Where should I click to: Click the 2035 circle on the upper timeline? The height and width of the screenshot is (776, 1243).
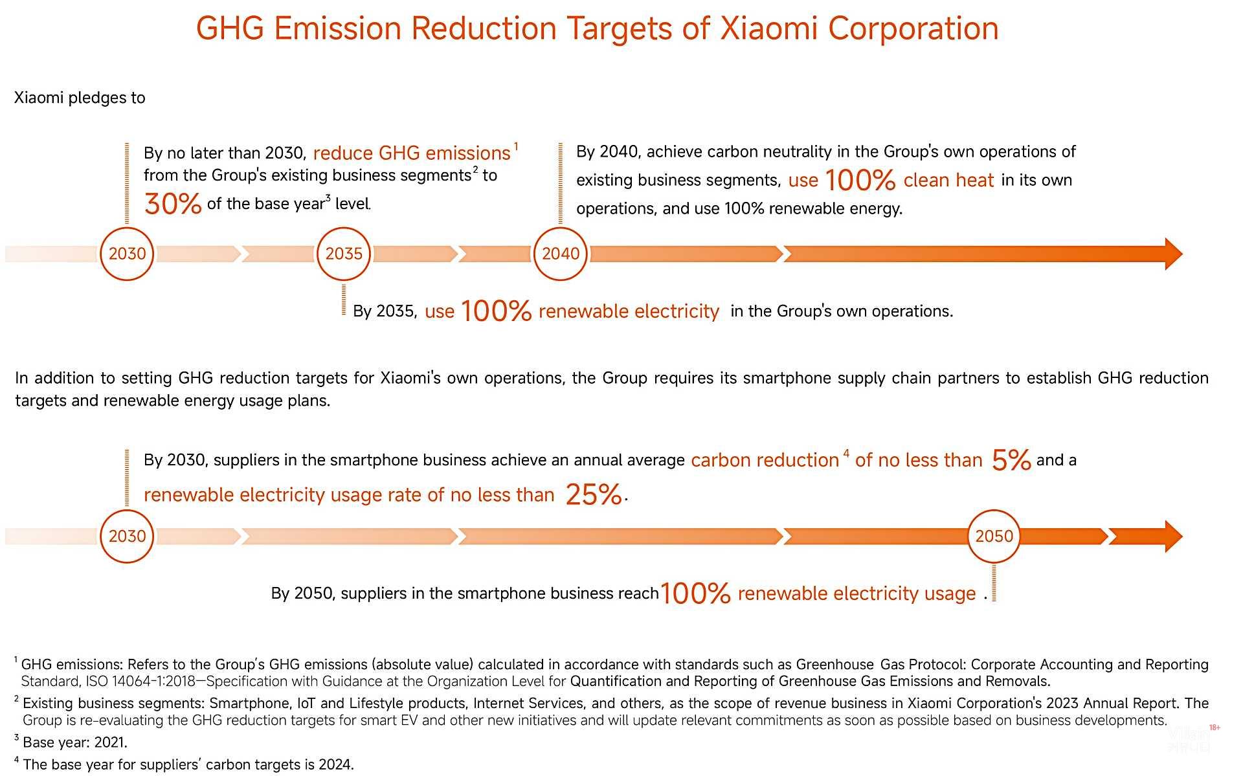[344, 254]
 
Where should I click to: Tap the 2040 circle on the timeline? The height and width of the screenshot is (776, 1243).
[560, 254]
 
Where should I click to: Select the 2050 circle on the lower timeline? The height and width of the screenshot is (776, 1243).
[994, 536]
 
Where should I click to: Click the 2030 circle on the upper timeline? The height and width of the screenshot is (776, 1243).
[127, 254]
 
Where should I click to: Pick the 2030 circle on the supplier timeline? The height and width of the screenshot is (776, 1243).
[127, 536]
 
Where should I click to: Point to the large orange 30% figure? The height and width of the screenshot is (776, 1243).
[173, 204]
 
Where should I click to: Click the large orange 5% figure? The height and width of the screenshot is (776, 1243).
[1011, 460]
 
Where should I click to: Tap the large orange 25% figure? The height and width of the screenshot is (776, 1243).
[593, 495]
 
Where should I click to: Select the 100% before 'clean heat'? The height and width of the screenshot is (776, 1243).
[860, 180]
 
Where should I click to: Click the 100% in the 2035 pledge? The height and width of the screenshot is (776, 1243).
[496, 311]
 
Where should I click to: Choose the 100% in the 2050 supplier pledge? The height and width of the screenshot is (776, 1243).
[695, 593]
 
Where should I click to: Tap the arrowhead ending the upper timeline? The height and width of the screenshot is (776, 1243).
[1172, 254]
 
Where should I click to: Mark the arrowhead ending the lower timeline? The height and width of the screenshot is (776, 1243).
[1172, 536]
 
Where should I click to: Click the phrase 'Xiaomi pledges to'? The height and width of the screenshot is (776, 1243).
[80, 98]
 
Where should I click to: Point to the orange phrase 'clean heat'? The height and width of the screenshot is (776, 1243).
[948, 180]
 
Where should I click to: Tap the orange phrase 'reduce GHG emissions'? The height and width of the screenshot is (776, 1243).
[412, 153]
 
